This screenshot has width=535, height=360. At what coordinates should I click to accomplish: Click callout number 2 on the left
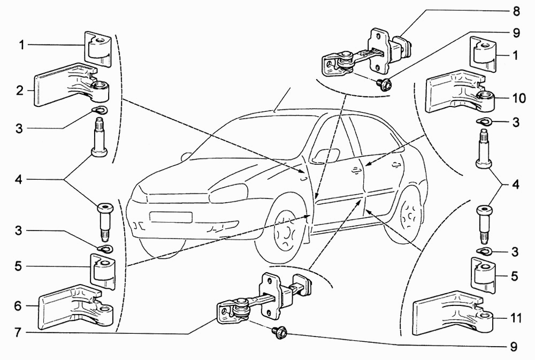(x=20, y=91)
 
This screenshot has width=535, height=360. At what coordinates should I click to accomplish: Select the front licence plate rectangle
(x=171, y=217)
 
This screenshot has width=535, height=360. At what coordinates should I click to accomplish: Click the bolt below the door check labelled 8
(x=384, y=83)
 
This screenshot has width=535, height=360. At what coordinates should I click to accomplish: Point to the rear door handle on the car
(x=396, y=163)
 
